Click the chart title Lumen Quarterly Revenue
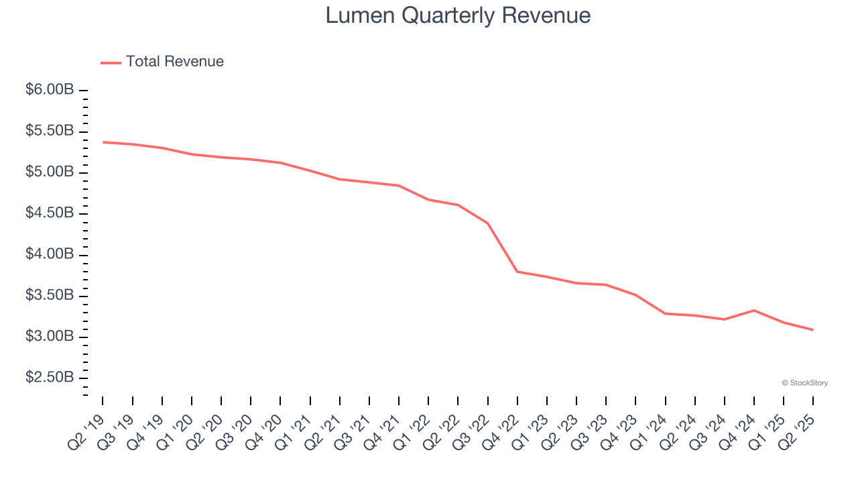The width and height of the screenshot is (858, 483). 458,15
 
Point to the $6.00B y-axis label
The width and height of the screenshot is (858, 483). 50,90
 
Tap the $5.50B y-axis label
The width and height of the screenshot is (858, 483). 50,131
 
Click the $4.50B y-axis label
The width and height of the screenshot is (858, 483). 50,213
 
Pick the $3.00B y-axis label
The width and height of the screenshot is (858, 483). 50,337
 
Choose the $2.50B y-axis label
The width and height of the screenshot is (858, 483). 50,378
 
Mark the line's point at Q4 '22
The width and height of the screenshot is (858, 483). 517,272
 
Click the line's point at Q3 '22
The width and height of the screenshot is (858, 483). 488,223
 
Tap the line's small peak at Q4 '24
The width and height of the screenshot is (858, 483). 754,311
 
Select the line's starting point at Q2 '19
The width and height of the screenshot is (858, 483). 103,142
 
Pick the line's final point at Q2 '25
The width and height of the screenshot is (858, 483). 813,330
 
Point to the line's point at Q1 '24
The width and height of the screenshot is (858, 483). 666,313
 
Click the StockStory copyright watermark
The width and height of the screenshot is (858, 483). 804,383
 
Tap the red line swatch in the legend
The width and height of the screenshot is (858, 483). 111,62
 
